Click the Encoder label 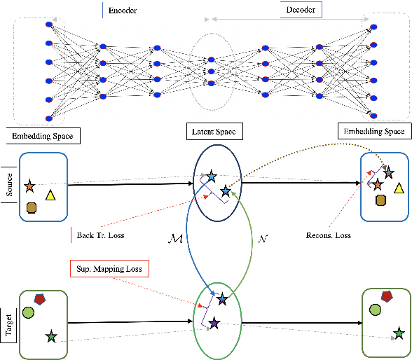pos(122,11)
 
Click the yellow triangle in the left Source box pos(50,195)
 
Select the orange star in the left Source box pos(29,187)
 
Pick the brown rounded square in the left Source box pos(32,207)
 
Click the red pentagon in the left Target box pos(41,300)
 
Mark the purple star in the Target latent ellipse pos(214,323)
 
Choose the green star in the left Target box pos(50,338)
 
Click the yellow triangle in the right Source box pos(398,187)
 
